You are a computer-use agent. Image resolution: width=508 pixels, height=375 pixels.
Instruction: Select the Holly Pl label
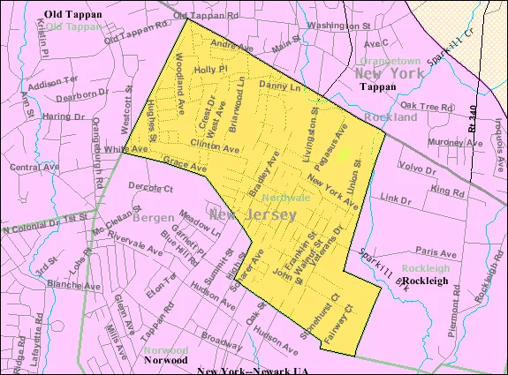pos(211,69)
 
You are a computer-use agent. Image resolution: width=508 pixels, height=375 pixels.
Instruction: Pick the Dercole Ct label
pos(150,187)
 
